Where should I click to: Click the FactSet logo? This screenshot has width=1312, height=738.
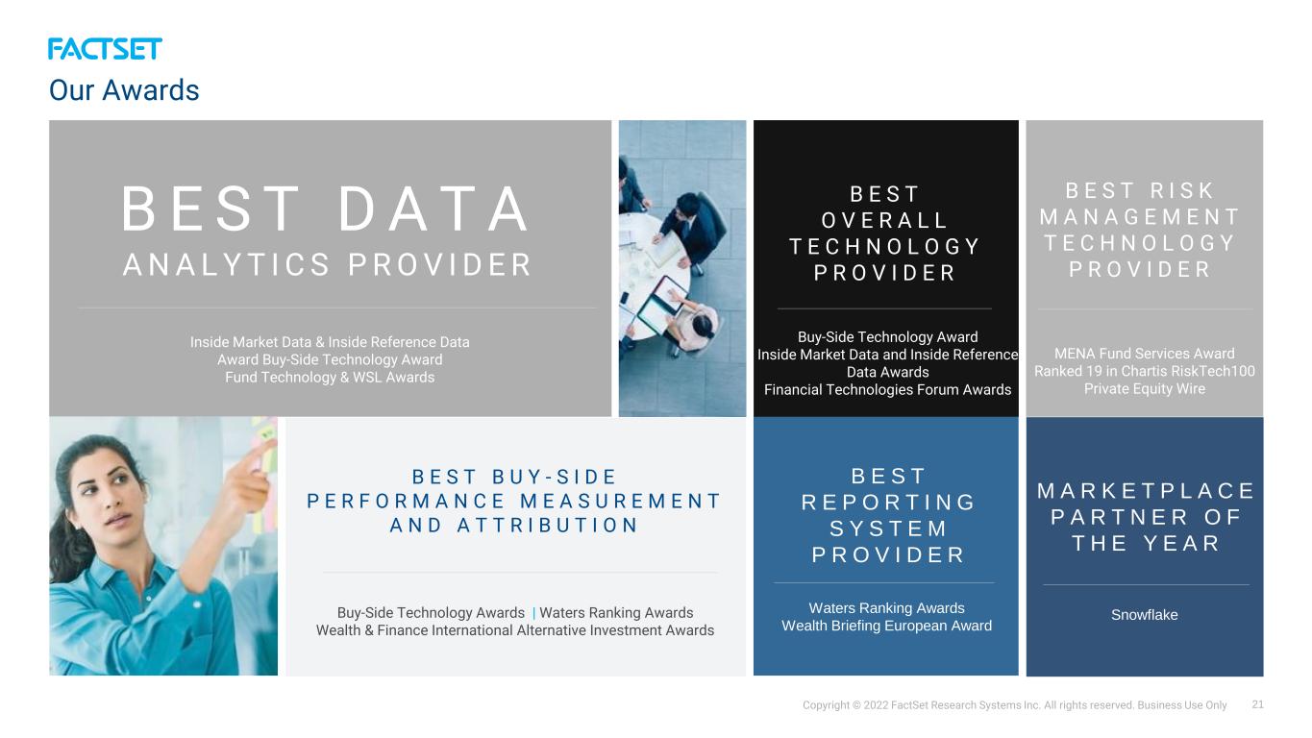click(x=105, y=49)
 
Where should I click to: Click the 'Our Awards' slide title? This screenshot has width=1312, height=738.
click(x=124, y=90)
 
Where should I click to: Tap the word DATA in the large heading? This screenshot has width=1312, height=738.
click(x=434, y=209)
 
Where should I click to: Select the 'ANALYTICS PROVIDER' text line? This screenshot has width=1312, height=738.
click(x=328, y=264)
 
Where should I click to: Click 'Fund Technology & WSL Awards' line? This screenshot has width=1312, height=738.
click(x=330, y=378)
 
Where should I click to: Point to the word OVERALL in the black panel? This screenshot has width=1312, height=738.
click(x=885, y=220)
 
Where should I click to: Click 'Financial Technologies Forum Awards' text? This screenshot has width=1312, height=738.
click(x=887, y=389)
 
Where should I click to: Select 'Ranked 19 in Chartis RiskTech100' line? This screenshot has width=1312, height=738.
click(x=1145, y=371)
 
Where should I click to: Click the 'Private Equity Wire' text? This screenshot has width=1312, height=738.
click(x=1145, y=389)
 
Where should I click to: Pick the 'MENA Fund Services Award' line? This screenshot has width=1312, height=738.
click(x=1145, y=354)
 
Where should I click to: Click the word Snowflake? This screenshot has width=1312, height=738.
click(x=1145, y=614)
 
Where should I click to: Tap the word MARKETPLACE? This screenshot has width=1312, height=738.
click(x=1146, y=491)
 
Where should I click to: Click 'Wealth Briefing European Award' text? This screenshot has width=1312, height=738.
click(x=887, y=626)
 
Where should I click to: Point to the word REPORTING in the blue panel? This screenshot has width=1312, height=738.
click(x=888, y=503)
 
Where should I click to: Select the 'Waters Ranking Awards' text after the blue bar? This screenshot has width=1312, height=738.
click(x=616, y=613)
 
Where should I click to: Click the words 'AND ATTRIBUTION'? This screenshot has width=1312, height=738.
click(x=514, y=526)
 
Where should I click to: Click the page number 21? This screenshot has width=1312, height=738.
click(x=1257, y=704)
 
